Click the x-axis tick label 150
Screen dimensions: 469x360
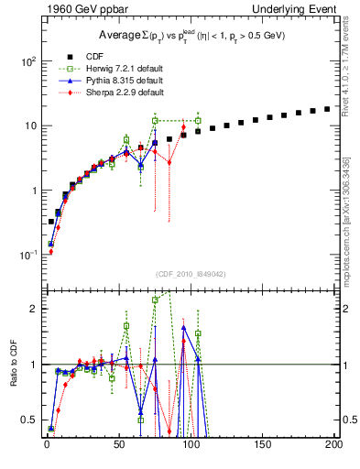262,444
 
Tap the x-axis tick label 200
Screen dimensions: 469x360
333,444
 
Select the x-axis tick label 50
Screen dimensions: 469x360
118,444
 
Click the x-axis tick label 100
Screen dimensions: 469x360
191,444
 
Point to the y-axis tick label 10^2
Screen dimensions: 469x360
28,61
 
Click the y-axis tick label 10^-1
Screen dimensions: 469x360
27,255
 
